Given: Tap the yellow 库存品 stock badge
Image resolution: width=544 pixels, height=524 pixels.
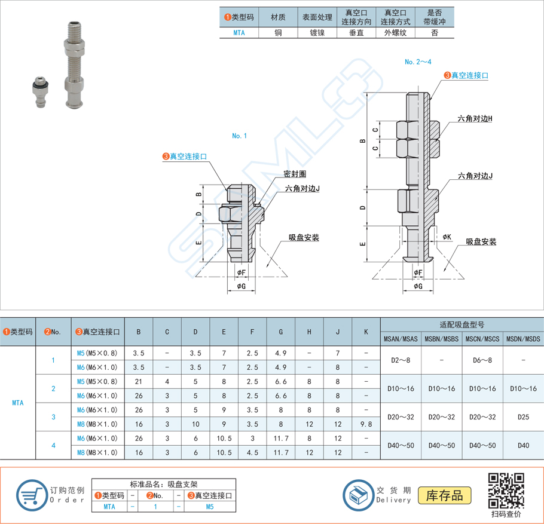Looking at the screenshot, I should click(x=445, y=495).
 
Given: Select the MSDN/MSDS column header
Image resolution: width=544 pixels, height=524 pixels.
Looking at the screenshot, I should click(x=523, y=339).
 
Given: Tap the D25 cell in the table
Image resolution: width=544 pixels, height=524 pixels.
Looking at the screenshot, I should click(x=523, y=417).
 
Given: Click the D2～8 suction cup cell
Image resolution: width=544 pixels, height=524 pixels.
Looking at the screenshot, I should click(x=401, y=360).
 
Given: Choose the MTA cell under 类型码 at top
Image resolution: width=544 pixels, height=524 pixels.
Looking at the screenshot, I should click(x=239, y=33).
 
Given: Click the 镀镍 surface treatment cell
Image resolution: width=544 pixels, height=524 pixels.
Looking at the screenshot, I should click(x=317, y=33).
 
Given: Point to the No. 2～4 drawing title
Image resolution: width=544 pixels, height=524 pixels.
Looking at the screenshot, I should click(x=418, y=62).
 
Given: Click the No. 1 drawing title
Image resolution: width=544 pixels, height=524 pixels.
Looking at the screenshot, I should click(x=239, y=136).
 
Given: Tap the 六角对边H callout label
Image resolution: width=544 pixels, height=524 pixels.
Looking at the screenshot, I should click(x=475, y=119).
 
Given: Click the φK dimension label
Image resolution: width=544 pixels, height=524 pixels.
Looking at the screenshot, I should click(x=447, y=237).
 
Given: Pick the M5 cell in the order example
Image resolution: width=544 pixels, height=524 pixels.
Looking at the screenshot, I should click(x=209, y=507).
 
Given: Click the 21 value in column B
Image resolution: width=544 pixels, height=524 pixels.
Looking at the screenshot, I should click(x=139, y=389).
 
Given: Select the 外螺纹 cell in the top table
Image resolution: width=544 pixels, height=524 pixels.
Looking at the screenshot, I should click(x=395, y=33).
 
